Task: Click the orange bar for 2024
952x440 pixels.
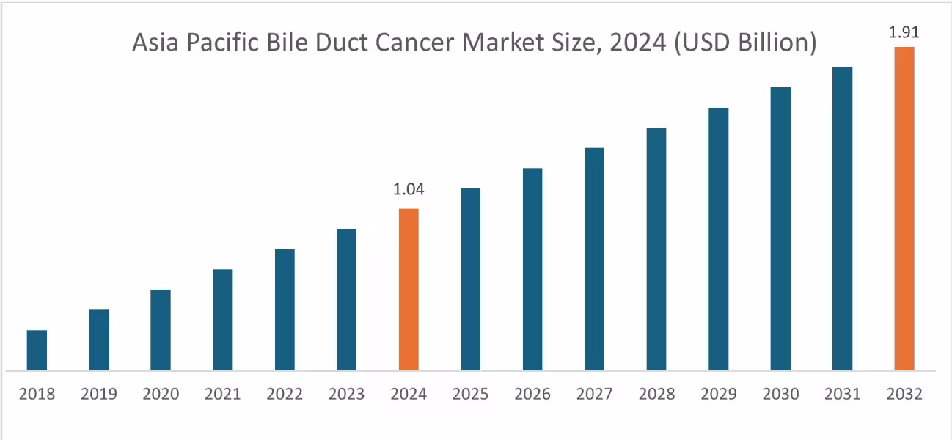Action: click(409, 289)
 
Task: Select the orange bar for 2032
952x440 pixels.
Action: click(904, 208)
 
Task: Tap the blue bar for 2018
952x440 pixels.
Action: click(37, 350)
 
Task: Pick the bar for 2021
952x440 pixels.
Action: click(223, 319)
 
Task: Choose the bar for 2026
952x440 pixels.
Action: click(532, 268)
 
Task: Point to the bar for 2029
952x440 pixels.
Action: click(718, 238)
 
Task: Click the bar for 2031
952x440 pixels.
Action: click(842, 218)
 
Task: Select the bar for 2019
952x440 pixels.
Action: click(99, 340)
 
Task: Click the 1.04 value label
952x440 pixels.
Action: click(409, 190)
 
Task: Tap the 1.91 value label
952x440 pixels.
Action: click(904, 32)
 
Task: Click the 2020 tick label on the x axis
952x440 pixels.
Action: click(161, 395)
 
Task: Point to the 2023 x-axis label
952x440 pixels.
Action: click(346, 395)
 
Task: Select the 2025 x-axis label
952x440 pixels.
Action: click(470, 395)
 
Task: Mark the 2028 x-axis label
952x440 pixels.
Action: click(656, 395)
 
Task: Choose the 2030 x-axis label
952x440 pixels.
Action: click(780, 395)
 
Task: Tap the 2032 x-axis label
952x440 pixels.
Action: click(904, 395)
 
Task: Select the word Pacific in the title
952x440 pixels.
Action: click(222, 44)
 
